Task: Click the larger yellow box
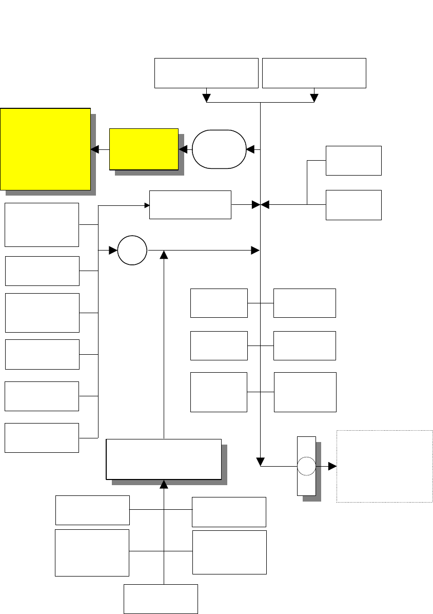pyautogui.click(x=46, y=149)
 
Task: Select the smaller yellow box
pyautogui.click(x=144, y=149)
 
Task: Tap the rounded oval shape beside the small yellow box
pyautogui.click(x=219, y=149)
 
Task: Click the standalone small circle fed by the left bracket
pyautogui.click(x=132, y=251)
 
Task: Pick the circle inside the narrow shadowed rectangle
pyautogui.click(x=307, y=467)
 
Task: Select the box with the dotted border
pyautogui.click(x=384, y=466)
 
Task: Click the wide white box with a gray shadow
pyautogui.click(x=164, y=458)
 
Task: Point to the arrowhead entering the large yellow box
pyautogui.click(x=94, y=149)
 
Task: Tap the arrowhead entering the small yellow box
pyautogui.click(x=182, y=149)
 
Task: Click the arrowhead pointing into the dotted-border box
pyautogui.click(x=332, y=467)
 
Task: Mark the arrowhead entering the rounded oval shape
pyautogui.click(x=250, y=149)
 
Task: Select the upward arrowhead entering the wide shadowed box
pyautogui.click(x=164, y=484)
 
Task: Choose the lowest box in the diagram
pyautogui.click(x=161, y=599)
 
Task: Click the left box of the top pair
pyautogui.click(x=206, y=73)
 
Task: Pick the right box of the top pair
pyautogui.click(x=314, y=73)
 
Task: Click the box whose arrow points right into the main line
pyautogui.click(x=190, y=205)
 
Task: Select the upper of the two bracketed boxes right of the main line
pyautogui.click(x=353, y=160)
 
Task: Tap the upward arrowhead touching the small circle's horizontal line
pyautogui.click(x=164, y=254)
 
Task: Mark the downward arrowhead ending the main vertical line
pyautogui.click(x=261, y=458)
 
